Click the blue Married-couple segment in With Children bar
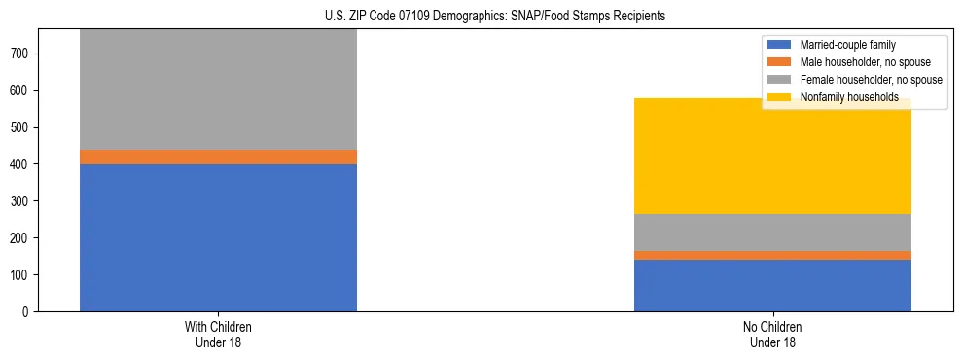coord(218,237)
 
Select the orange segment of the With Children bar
coord(218,157)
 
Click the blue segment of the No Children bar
coord(772,285)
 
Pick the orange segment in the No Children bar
coord(772,255)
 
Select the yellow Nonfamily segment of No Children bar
coord(772,156)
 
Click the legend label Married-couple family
coord(847,45)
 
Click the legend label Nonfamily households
coord(848,97)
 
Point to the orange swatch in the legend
coord(780,62)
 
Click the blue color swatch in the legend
coord(780,45)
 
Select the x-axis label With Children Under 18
coord(218,334)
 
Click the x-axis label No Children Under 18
coord(772,334)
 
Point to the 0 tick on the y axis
coord(29,311)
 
